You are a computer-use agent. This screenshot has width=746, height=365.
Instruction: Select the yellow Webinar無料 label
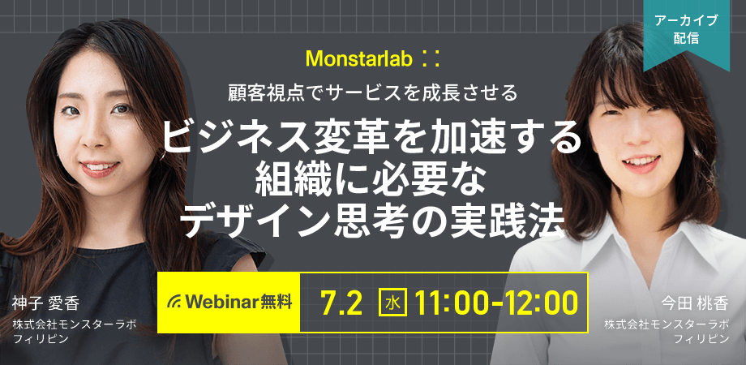point(229,303)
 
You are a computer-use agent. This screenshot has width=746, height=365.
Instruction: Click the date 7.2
point(341,303)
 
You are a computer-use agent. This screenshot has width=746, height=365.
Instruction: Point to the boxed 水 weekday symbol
point(393,303)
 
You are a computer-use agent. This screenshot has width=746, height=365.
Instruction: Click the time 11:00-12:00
point(496,303)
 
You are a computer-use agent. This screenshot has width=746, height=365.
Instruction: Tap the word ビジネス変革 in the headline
point(265,138)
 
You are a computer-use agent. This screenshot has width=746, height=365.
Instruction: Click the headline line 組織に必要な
point(366,182)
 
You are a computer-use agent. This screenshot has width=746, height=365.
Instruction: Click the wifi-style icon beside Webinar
point(174,303)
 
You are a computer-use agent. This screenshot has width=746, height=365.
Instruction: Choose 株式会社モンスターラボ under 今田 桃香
point(667,325)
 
